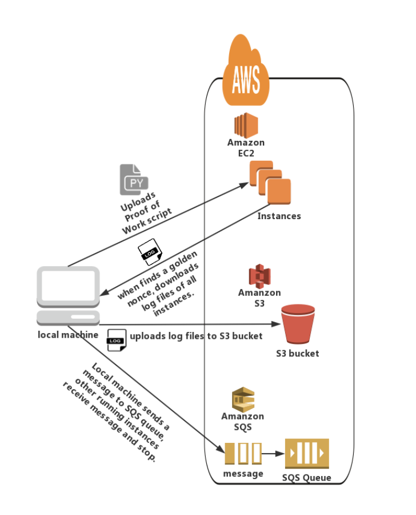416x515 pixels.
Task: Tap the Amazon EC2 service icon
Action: click(x=246, y=124)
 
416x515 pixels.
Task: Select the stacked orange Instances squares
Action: click(x=270, y=183)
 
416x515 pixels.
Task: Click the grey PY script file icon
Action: click(x=134, y=180)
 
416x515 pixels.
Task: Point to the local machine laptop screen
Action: click(x=67, y=286)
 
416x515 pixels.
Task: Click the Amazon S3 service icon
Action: click(x=259, y=276)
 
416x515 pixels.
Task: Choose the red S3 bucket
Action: click(x=298, y=324)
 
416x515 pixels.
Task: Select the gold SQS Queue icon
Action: click(x=307, y=454)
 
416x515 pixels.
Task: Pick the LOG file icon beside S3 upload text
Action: click(x=116, y=339)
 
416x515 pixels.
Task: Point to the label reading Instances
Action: click(x=279, y=216)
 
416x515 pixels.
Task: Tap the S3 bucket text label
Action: click(x=297, y=354)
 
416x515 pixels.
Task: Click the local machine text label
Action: click(x=68, y=335)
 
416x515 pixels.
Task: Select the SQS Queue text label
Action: click(x=306, y=478)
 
